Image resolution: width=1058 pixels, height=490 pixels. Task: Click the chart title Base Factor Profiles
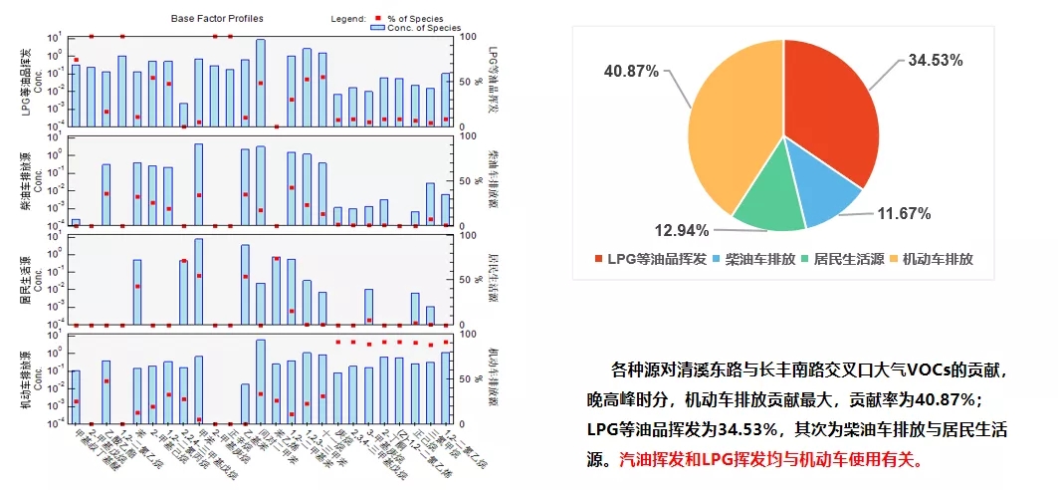click(x=217, y=19)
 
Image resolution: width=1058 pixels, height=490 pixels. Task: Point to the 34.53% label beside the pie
click(x=935, y=61)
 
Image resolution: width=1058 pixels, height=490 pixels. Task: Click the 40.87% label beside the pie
click(x=633, y=72)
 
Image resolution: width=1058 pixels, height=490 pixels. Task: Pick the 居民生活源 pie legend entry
click(x=846, y=258)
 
